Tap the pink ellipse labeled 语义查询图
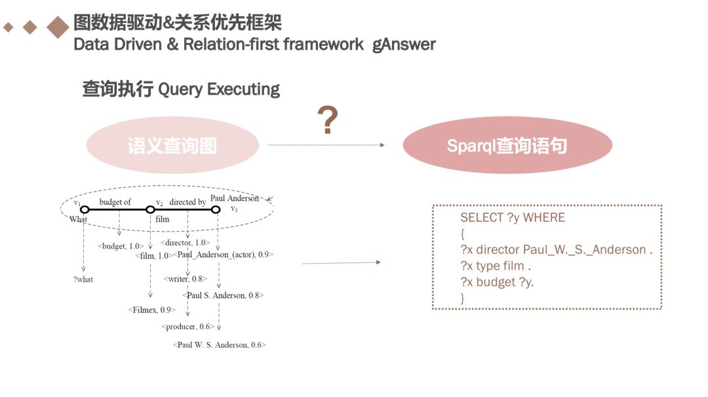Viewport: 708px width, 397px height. point(172,146)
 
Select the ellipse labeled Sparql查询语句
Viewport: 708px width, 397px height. point(507,146)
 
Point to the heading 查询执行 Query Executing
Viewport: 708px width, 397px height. point(181,89)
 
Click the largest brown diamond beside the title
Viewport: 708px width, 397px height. point(58,27)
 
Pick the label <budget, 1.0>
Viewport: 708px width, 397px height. point(121,246)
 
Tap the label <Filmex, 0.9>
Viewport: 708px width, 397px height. point(152,309)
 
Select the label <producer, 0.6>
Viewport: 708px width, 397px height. point(187,326)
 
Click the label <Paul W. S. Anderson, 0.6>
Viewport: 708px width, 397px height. point(220,345)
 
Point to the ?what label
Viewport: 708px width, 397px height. point(83,280)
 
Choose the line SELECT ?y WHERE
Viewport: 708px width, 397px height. point(512,217)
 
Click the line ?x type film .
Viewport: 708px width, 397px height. point(495,266)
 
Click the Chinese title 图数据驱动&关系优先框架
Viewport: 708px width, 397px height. point(178,23)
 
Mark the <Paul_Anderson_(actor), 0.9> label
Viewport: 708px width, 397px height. point(223,255)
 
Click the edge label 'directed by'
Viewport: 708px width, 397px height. point(187,202)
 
